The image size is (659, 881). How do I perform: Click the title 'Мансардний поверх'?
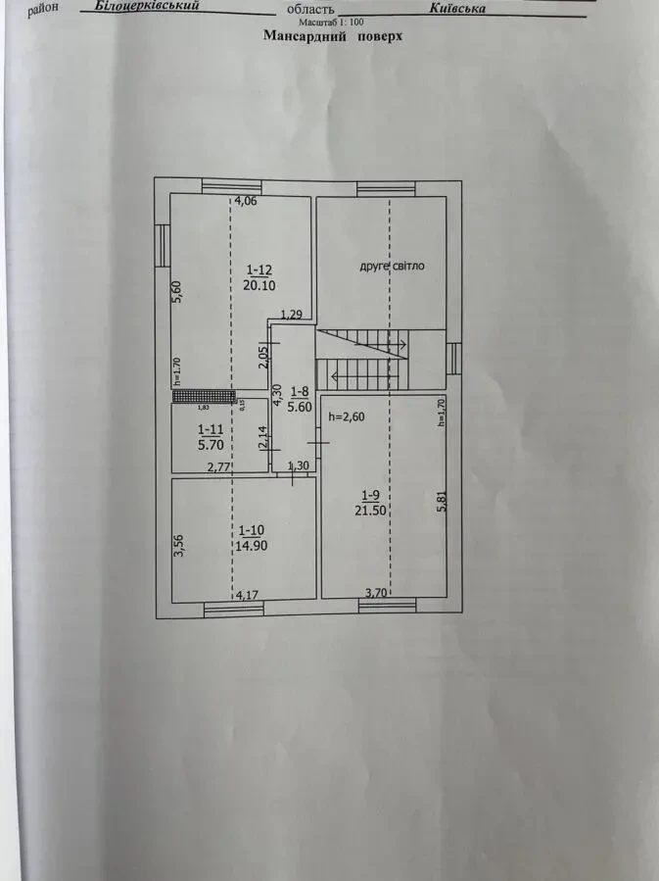click(333, 35)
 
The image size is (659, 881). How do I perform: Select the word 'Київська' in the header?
click(457, 8)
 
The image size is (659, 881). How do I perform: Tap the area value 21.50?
click(372, 510)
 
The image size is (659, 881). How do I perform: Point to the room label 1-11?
click(209, 429)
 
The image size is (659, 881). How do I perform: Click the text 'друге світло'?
click(391, 266)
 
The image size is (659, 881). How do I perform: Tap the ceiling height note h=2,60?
click(347, 416)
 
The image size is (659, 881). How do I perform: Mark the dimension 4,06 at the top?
click(244, 202)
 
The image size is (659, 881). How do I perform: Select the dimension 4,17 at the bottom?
click(247, 594)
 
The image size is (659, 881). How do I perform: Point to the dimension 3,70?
click(376, 592)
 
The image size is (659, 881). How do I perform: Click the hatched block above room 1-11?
click(205, 397)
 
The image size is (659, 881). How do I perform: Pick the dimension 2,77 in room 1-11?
click(218, 467)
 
